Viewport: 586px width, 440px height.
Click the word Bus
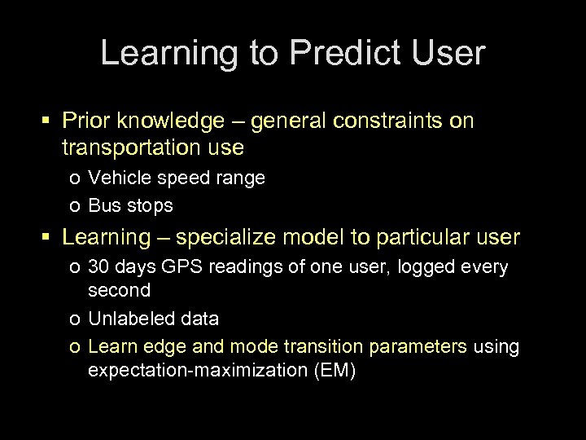[x=103, y=205]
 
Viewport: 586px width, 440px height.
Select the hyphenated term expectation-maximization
[x=190, y=370]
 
